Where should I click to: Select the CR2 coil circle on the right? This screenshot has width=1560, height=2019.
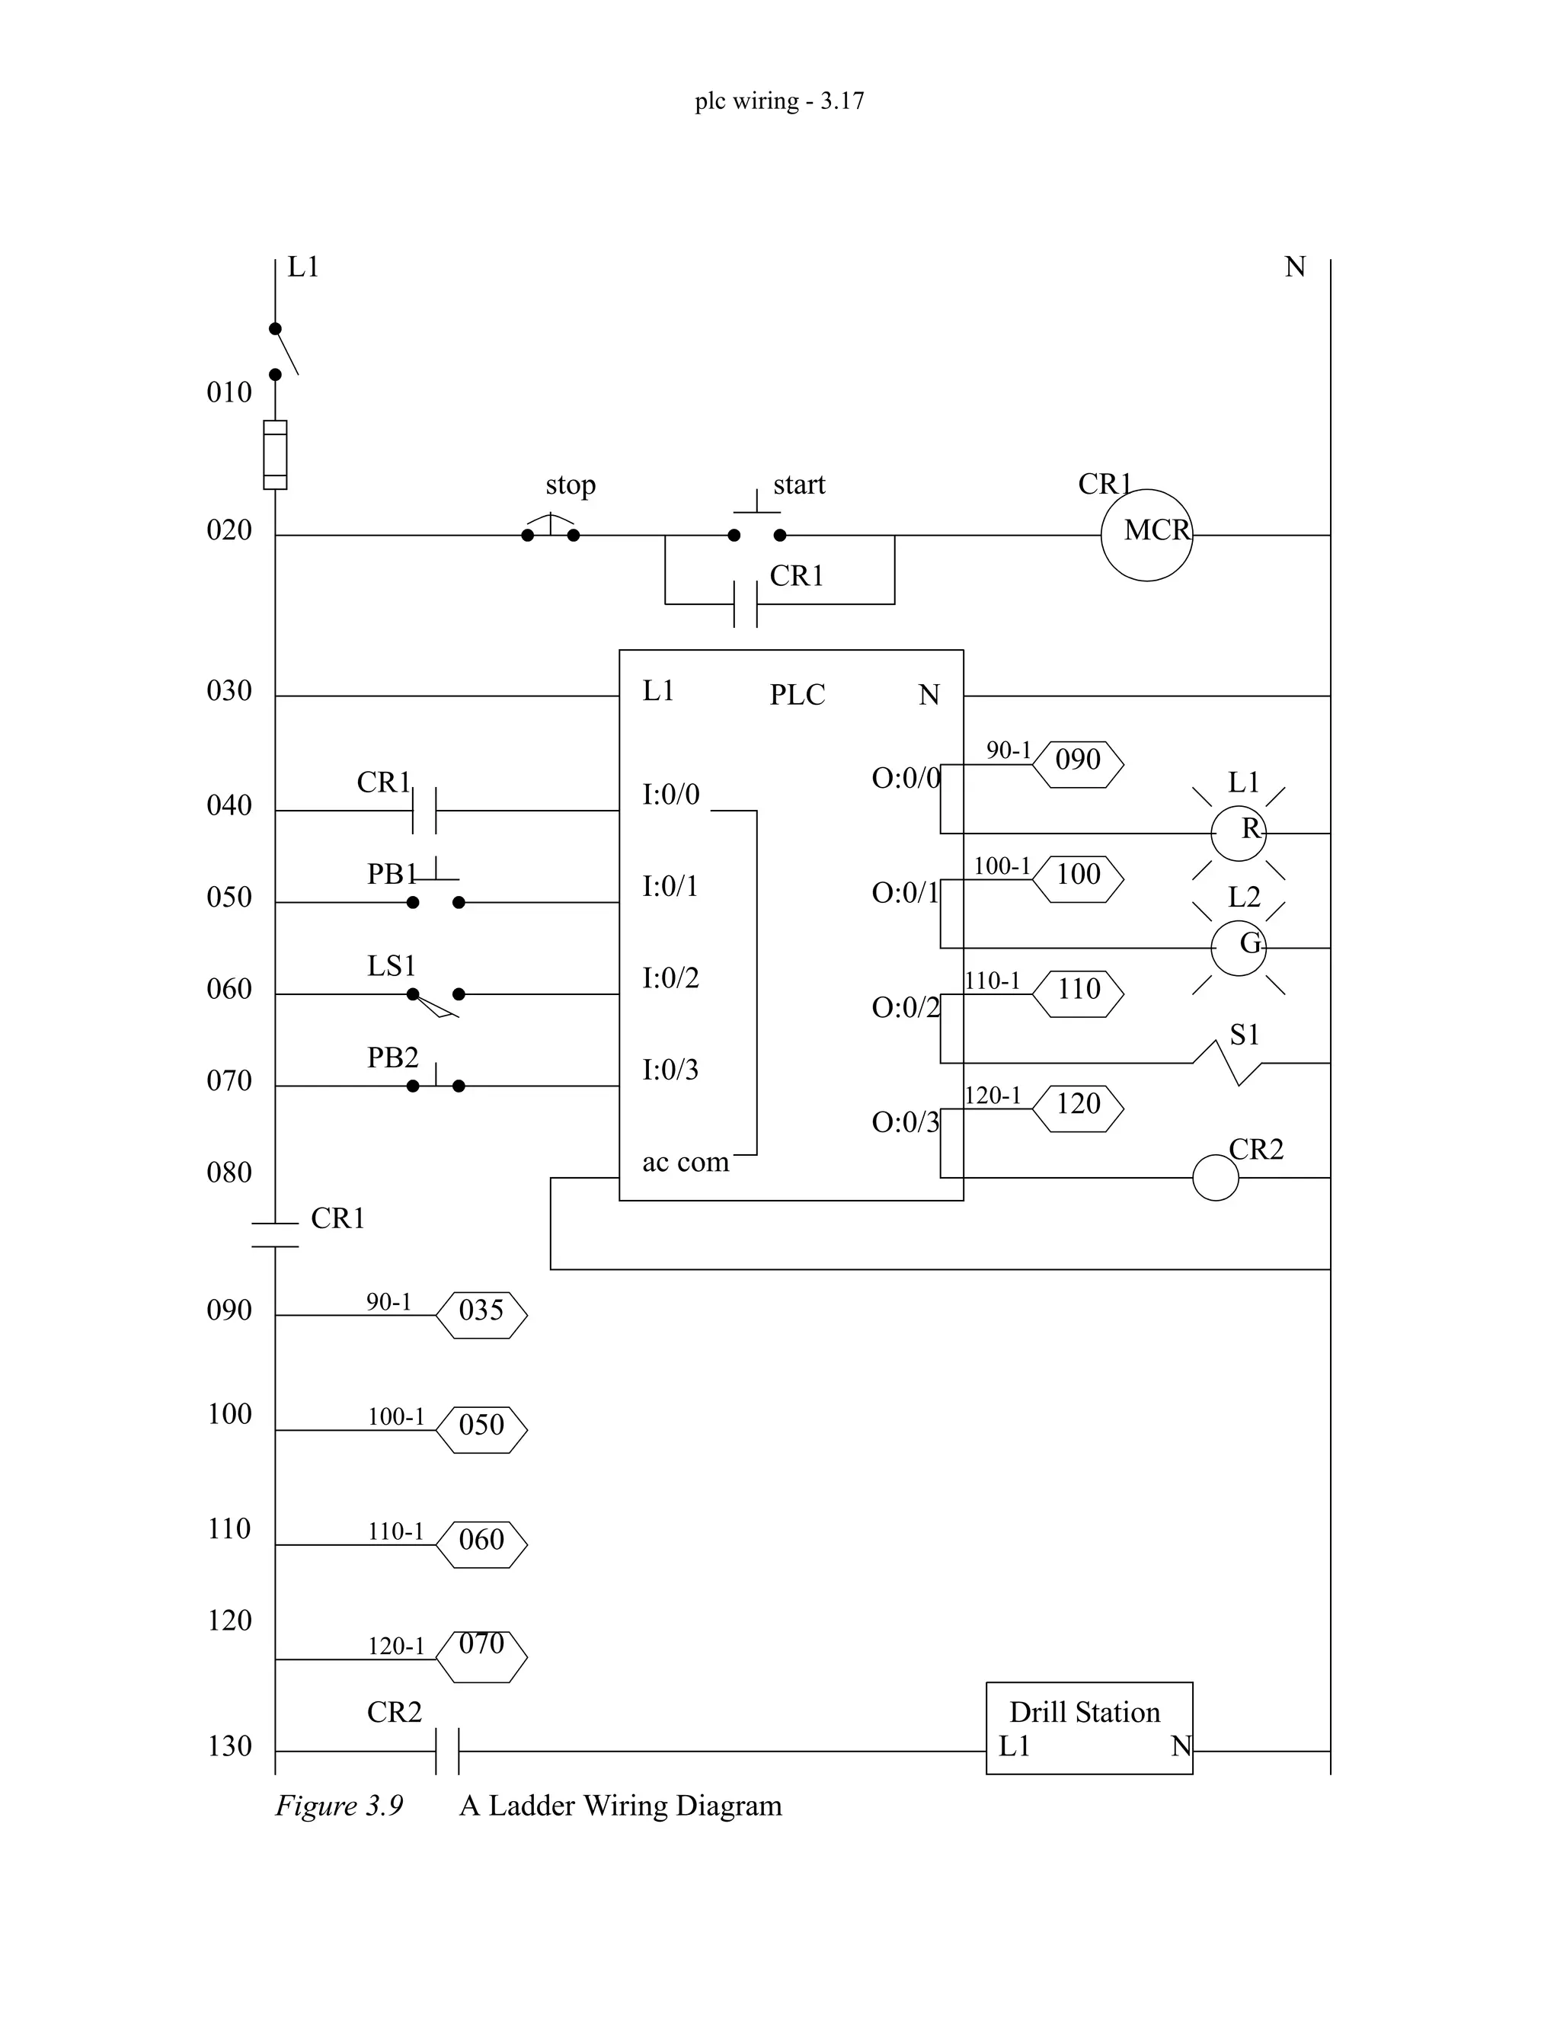(x=1214, y=1177)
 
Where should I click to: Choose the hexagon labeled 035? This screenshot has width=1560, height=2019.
(x=481, y=1314)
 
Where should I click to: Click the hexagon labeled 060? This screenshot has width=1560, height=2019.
(x=481, y=1544)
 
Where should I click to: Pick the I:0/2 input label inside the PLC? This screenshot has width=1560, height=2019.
(x=670, y=978)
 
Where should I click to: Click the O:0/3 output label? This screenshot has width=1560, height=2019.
(x=905, y=1121)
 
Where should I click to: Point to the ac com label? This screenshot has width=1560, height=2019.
(x=685, y=1161)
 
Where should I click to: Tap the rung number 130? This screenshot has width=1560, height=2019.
(x=229, y=1745)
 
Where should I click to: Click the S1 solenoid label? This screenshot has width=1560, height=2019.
(x=1243, y=1034)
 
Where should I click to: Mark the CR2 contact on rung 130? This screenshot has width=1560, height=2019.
(x=446, y=1750)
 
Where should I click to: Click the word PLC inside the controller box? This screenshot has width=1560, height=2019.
(x=797, y=694)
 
